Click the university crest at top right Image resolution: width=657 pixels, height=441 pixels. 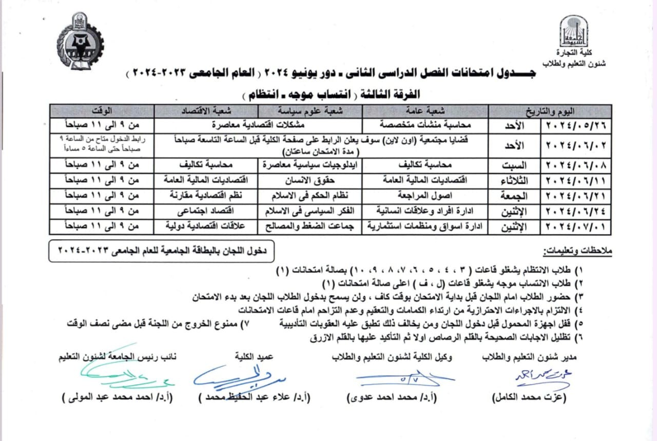573,31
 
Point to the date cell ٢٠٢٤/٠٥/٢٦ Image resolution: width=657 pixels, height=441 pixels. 576,125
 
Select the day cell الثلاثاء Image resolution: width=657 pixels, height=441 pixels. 513,181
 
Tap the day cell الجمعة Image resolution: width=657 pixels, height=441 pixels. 513,196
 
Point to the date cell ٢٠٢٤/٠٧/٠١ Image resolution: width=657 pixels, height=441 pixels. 576,226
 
